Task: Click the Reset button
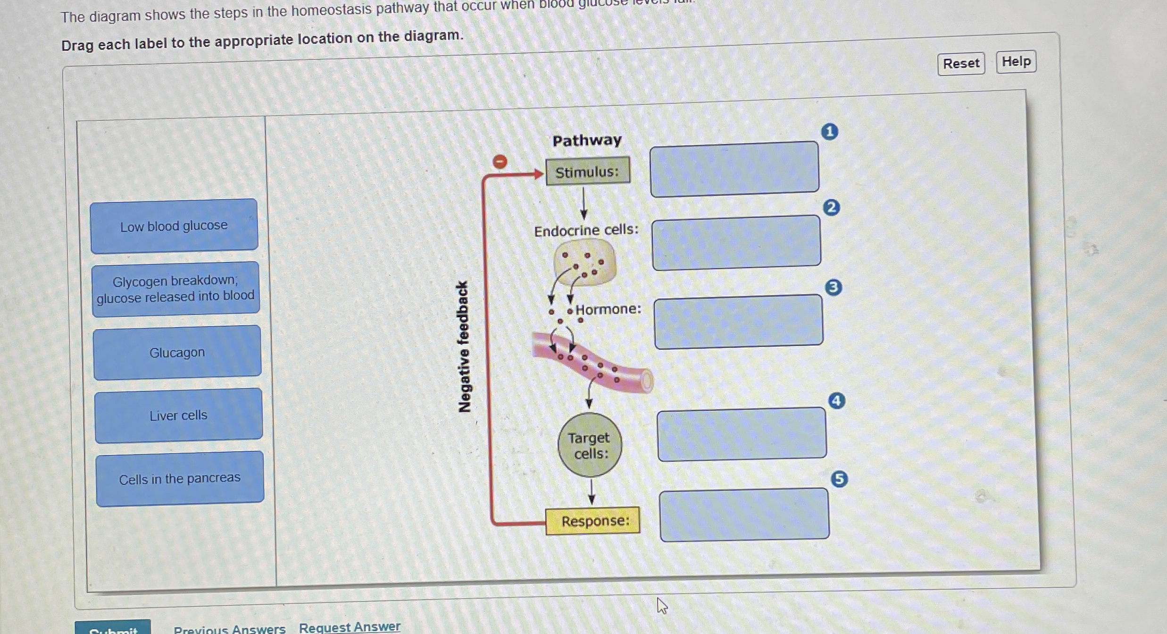[x=961, y=63]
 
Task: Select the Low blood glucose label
[x=174, y=226]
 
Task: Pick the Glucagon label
[x=177, y=352]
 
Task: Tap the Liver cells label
[x=178, y=415]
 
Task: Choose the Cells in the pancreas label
[x=180, y=479]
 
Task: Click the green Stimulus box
[x=588, y=171]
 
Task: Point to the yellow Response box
[x=593, y=521]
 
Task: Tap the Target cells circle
[x=590, y=445]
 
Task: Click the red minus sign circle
[x=500, y=162]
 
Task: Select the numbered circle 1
[x=830, y=132]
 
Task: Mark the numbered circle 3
[x=834, y=287]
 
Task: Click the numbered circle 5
[x=839, y=479]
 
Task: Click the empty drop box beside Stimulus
[x=734, y=169]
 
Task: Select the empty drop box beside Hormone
[x=738, y=321]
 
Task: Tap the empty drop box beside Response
[x=744, y=515]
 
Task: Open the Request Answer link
[x=350, y=627]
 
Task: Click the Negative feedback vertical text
[x=464, y=347]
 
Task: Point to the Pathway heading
[x=587, y=140]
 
